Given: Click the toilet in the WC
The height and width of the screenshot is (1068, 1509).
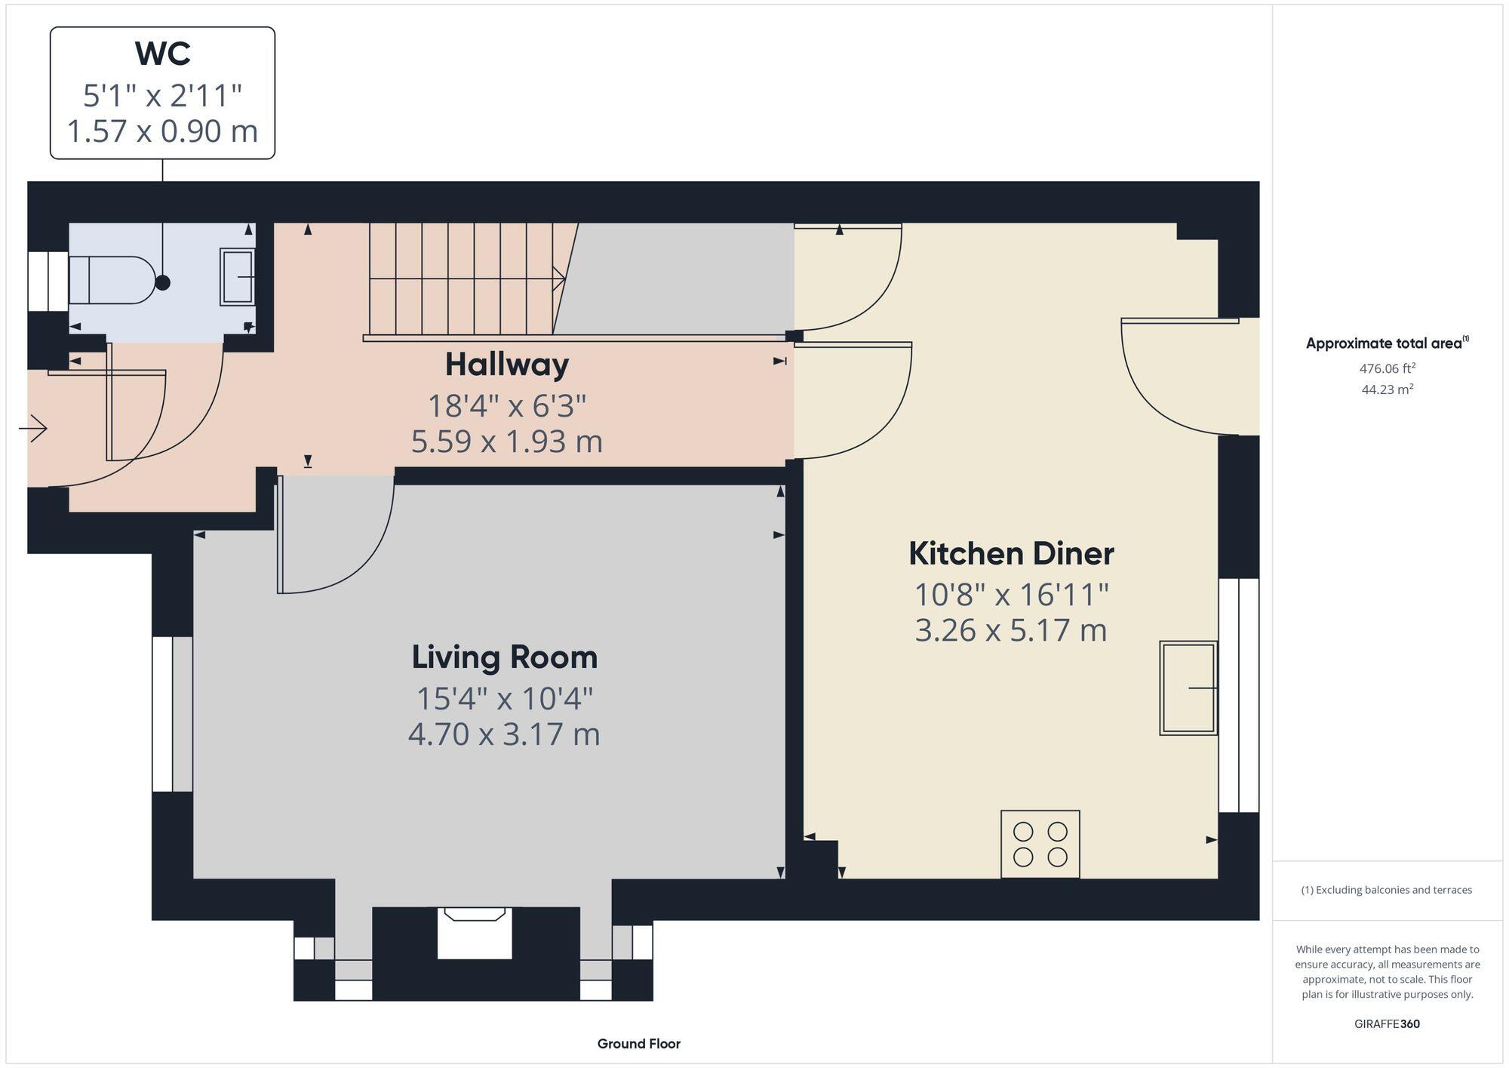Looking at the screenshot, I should coord(113,280).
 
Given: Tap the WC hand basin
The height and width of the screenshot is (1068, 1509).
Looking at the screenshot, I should coord(238,277).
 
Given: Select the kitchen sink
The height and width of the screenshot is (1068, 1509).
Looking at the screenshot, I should coord(1188,688).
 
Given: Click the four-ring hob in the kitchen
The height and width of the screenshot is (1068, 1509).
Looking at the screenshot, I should coord(1040,844).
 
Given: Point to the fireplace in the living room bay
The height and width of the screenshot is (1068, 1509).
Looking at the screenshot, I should coord(475,933).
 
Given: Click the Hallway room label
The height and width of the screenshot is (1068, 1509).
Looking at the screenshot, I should coord(506,365).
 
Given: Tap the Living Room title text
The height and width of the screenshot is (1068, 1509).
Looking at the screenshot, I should coord(504,657).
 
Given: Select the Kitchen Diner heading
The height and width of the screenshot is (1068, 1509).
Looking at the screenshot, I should coord(1010,553).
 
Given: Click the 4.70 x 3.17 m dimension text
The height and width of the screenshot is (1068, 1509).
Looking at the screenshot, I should coord(504,734).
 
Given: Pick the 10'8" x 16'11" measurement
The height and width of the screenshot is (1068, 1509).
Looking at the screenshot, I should coord(1011,595).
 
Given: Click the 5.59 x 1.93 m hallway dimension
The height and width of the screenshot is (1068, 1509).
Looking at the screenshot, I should coord(506,442).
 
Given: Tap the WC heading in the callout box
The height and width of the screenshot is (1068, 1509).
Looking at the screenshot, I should coord(162,54).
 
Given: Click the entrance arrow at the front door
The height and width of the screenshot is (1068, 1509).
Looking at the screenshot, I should coord(33,429).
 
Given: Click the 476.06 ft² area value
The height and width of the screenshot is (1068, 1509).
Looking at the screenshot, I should coord(1387,368).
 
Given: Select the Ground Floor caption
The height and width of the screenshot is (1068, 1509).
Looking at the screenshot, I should coord(638,1044).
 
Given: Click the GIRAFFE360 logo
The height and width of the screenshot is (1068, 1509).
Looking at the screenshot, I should coord(1387,1024).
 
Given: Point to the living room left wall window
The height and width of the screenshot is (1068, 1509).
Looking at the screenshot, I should coord(172,714).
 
